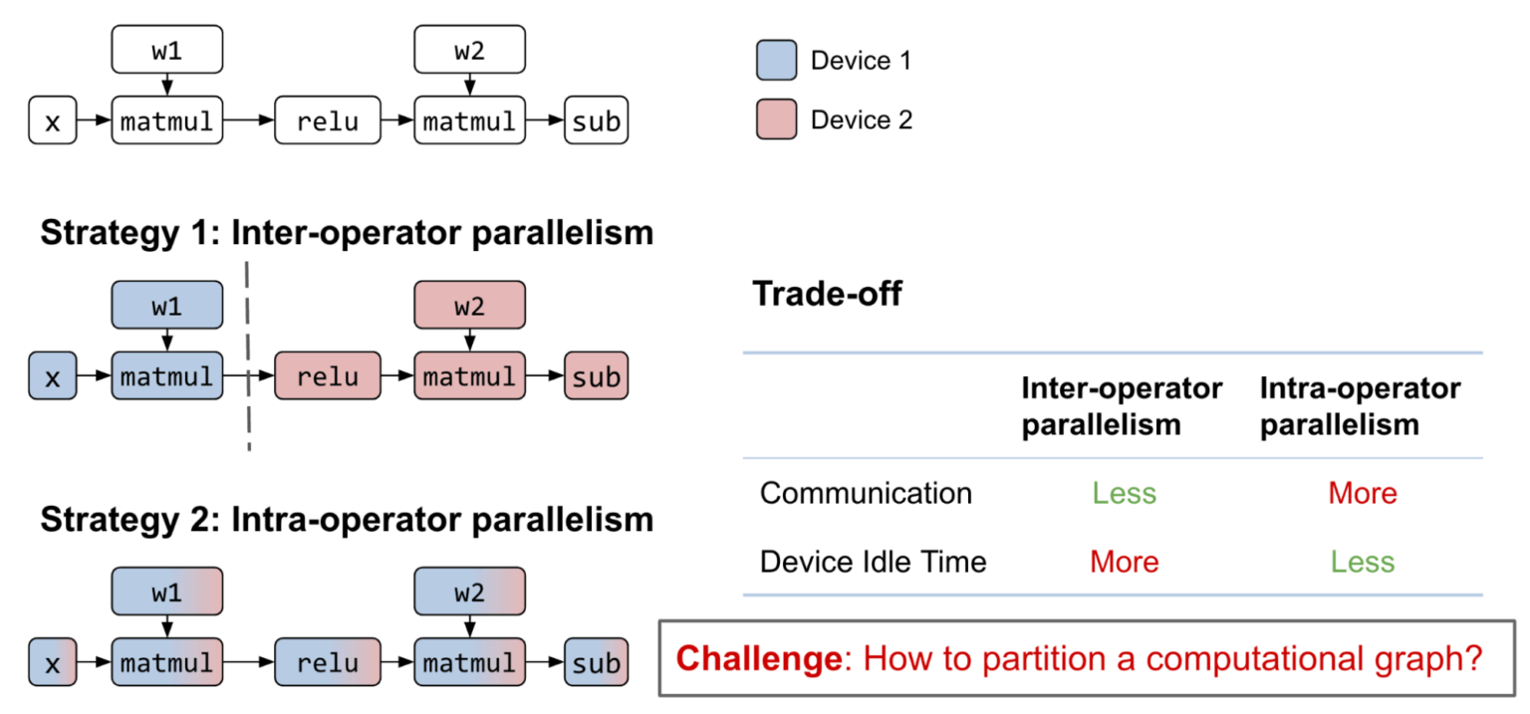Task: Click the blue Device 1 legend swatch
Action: coord(776,61)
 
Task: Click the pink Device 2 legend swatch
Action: coord(776,119)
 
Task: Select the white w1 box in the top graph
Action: coord(167,51)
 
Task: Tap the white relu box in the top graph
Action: coord(328,121)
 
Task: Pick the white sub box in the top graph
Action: coord(596,121)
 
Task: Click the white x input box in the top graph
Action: coord(52,121)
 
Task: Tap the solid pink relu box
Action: coord(328,376)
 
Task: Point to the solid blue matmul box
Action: coord(167,376)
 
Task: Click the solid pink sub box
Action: coord(596,376)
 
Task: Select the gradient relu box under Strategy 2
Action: coord(328,662)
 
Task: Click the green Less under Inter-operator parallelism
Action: coord(1124,493)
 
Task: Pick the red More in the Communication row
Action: coord(1362,493)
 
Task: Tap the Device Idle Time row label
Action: coord(873,562)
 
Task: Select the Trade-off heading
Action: coord(826,294)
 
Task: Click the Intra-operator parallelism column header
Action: coord(1360,406)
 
